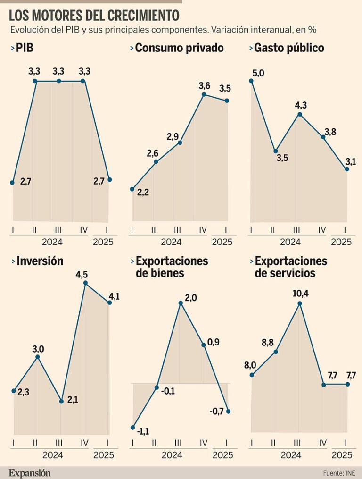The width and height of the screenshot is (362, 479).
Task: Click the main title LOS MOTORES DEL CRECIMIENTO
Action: pyautogui.click(x=94, y=16)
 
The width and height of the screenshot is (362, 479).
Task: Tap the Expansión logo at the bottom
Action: pyautogui.click(x=29, y=472)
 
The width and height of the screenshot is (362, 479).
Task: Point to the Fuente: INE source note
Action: pyautogui.click(x=338, y=472)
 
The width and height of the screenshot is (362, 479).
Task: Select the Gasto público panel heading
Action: pyautogui.click(x=289, y=48)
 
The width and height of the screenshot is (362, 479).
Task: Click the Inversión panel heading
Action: pyautogui.click(x=40, y=261)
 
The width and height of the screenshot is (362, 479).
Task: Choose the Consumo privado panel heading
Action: pyautogui.click(x=179, y=48)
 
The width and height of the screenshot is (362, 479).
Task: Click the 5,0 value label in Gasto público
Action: pyautogui.click(x=258, y=72)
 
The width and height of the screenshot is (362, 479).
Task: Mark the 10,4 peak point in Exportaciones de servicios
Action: pyautogui.click(x=299, y=303)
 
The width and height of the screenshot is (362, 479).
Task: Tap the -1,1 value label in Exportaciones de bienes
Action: pyautogui.click(x=143, y=431)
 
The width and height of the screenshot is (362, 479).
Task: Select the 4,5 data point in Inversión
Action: pyautogui.click(x=85, y=283)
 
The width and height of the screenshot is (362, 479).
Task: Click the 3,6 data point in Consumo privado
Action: pyautogui.click(x=204, y=94)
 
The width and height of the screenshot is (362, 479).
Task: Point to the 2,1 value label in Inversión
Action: pyautogui.click(x=73, y=400)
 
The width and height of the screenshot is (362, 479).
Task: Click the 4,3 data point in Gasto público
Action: pyautogui.click(x=299, y=114)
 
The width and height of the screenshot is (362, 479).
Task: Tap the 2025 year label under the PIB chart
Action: pyautogui.click(x=103, y=242)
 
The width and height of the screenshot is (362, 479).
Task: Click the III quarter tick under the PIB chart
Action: pyautogui.click(x=58, y=230)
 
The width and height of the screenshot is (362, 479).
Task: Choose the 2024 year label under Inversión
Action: pyautogui.click(x=53, y=455)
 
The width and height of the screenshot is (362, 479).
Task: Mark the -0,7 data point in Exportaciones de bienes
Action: pyautogui.click(x=229, y=411)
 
